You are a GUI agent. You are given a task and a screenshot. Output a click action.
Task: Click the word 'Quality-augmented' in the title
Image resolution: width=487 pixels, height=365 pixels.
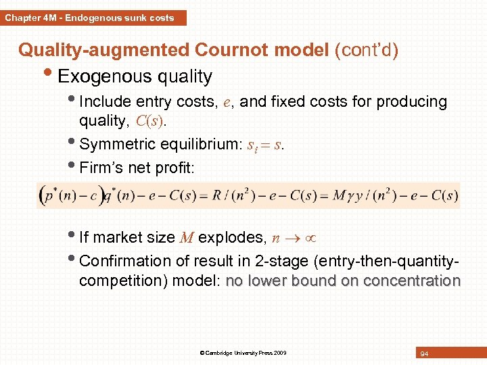104,50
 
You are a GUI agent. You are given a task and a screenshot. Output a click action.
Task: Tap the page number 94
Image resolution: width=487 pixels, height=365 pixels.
424,354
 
